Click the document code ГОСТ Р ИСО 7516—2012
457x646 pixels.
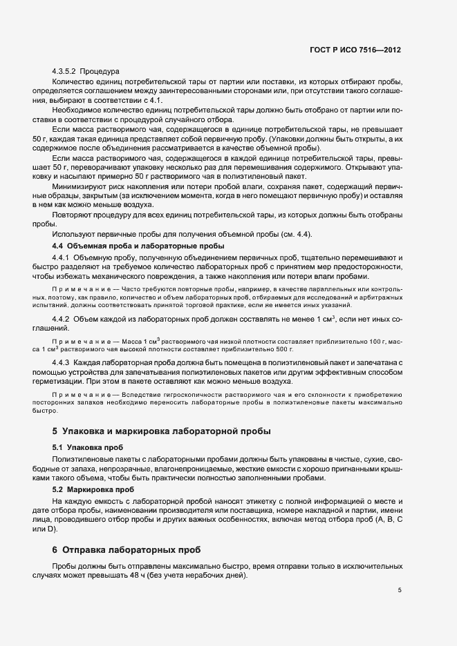(x=355, y=50)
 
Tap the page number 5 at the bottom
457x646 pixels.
(x=400, y=590)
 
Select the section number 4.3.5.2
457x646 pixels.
(x=64, y=72)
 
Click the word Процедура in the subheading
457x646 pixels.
(x=100, y=72)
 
